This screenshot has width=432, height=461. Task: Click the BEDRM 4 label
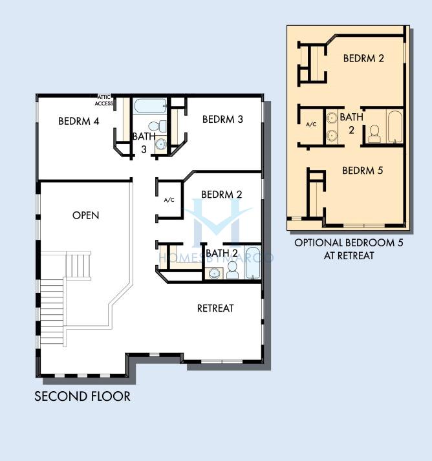(x=78, y=121)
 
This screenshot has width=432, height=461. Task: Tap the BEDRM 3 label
(x=222, y=119)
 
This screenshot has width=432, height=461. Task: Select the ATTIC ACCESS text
(x=104, y=100)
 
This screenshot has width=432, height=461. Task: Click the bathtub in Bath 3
(x=149, y=106)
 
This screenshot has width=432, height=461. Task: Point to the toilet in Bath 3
(x=157, y=127)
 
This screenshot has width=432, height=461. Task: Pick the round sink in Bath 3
(x=161, y=144)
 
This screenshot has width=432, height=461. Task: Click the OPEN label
(x=85, y=215)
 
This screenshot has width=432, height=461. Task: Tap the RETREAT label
(x=215, y=308)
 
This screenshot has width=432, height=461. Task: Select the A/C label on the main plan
(x=169, y=200)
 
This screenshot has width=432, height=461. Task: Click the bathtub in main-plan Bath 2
(x=253, y=263)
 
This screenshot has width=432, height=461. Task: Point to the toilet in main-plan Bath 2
(x=233, y=270)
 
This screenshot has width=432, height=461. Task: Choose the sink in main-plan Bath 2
(x=214, y=273)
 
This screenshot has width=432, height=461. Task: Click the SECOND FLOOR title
(x=82, y=396)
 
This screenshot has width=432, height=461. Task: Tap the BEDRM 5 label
(x=363, y=171)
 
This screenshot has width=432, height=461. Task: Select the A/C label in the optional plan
(x=311, y=124)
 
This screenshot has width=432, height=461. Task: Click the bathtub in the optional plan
(x=395, y=127)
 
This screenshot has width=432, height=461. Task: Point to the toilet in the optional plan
(x=374, y=134)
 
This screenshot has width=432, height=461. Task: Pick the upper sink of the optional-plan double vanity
(x=332, y=117)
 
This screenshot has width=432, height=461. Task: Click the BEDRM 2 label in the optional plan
(x=363, y=58)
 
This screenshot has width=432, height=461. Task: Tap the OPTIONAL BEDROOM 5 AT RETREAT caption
(x=349, y=249)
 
